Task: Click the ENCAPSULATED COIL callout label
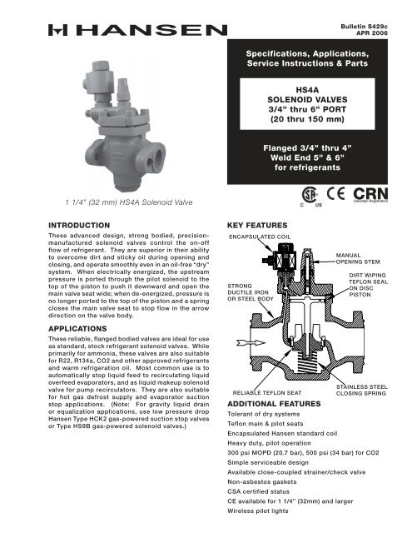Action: coord(260,237)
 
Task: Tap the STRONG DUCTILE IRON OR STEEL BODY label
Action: coord(251,291)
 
